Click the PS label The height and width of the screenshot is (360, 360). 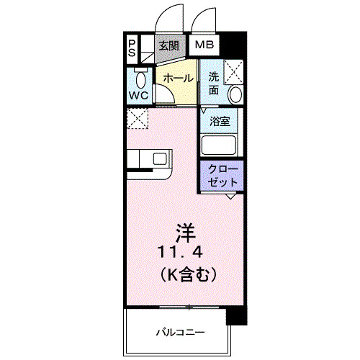click(132, 48)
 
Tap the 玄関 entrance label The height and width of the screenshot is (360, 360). click(169, 45)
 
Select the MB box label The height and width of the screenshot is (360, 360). click(204, 45)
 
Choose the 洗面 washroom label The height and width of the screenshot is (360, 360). click(214, 84)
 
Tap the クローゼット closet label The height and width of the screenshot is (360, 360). click(221, 176)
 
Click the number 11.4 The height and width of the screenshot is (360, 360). click(185, 253)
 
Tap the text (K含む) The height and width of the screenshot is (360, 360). click(185, 274)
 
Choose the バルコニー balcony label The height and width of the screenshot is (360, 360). click(180, 333)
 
